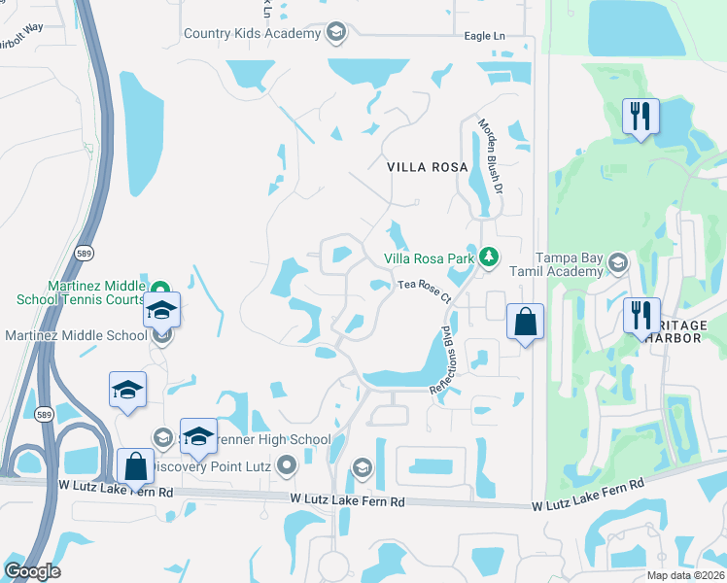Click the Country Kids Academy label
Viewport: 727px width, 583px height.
coord(252,34)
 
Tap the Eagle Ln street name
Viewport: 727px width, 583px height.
coord(485,36)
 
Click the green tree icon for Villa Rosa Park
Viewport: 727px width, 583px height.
coord(491,257)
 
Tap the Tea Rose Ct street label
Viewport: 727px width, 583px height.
coord(426,287)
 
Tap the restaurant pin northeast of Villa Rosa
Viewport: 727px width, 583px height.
coord(640,117)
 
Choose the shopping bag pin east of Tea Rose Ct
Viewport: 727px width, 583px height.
coord(525,321)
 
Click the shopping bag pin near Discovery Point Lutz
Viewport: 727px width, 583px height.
coord(135,465)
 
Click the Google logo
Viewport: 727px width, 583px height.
coord(33,570)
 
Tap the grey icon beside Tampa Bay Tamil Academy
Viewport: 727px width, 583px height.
coord(616,263)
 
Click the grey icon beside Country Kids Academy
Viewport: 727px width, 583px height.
coord(335,34)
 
